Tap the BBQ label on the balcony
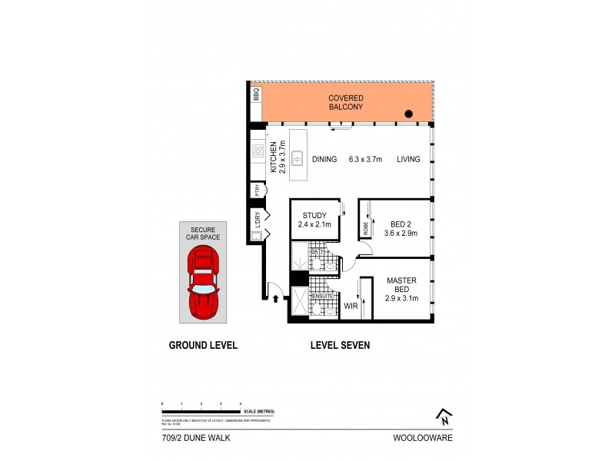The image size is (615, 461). coord(256,95)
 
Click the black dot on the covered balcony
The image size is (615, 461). coord(409,114)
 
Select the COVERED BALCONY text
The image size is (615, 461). coord(345,103)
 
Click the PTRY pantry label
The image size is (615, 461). coord(256,190)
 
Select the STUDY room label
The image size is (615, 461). coord(314,215)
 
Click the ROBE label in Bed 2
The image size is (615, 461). coord(365,228)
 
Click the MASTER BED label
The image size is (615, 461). coord(401,284)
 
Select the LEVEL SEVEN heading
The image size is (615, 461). coord(340,346)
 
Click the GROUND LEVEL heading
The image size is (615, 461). coord(203,346)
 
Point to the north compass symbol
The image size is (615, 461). coord(444,416)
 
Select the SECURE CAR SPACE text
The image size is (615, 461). coord(203,233)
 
